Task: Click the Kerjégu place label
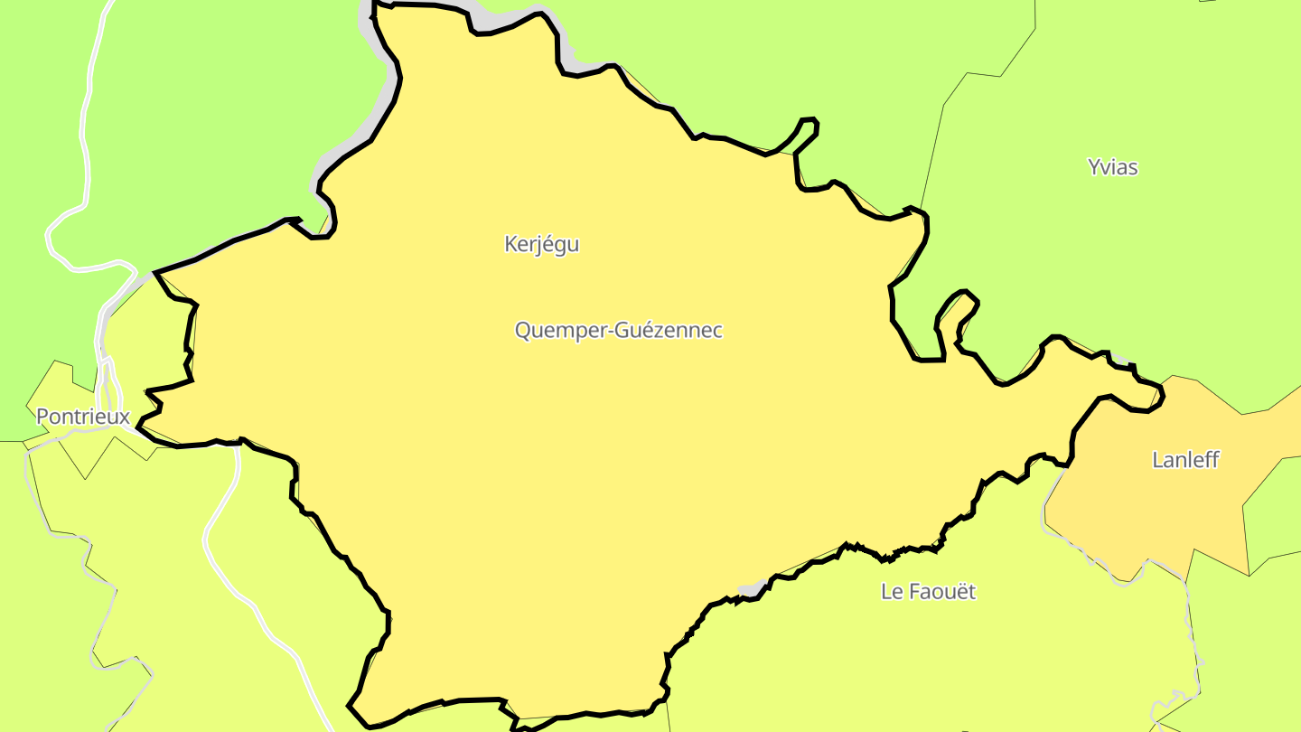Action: [x=541, y=244]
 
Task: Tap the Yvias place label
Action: [x=1112, y=167]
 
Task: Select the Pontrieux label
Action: [x=83, y=418]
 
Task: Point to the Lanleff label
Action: [x=1185, y=460]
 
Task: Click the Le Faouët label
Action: [x=929, y=592]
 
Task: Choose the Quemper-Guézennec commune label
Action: [x=619, y=331]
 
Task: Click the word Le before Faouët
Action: [x=892, y=592]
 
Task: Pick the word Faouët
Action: [x=942, y=592]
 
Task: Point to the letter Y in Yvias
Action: [x=1094, y=167]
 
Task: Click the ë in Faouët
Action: [x=961, y=592]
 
